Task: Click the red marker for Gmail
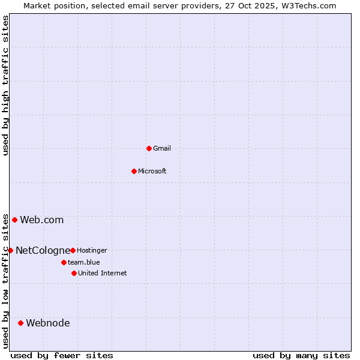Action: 149,148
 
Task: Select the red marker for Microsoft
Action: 134,171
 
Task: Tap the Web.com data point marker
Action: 14,220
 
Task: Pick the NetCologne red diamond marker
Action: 10,250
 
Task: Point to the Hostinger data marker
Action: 73,250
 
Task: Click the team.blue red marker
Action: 64,262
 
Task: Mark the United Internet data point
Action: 74,273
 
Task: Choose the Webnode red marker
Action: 20,323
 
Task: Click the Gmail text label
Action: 162,148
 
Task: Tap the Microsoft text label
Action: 152,171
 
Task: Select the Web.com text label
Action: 41,220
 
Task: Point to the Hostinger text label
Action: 92,250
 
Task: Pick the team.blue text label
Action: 83,262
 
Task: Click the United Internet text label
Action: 102,273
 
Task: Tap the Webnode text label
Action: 47,323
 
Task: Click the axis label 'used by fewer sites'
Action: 62,355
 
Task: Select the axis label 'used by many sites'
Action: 301,355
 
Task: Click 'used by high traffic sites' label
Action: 5,85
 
